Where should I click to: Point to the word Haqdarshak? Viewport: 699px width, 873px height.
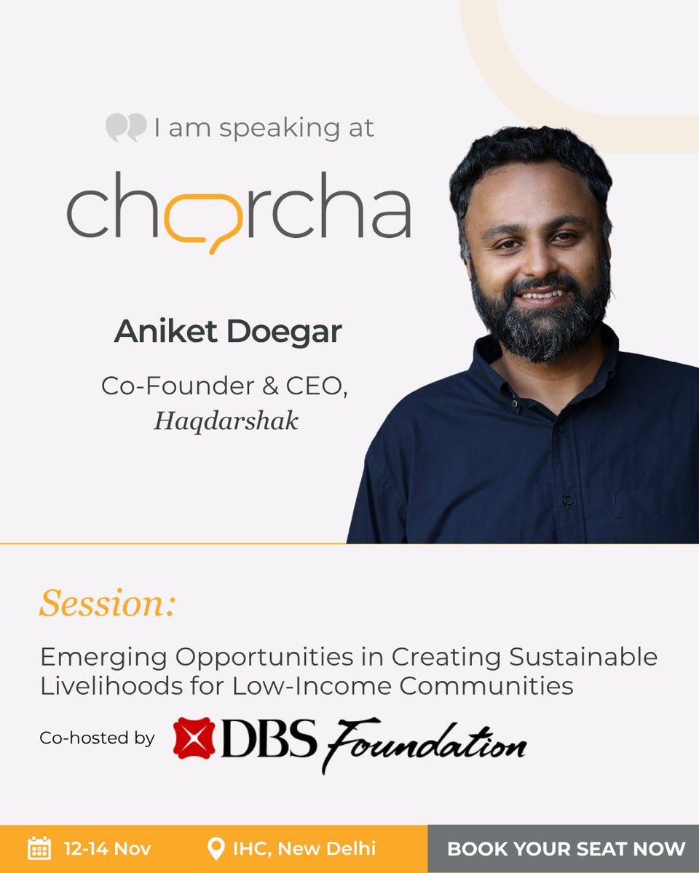[x=226, y=421]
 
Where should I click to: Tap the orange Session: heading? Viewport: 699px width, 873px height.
[x=108, y=602]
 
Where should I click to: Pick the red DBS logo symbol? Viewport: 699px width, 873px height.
[x=194, y=738]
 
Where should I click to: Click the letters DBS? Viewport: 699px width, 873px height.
[x=268, y=738]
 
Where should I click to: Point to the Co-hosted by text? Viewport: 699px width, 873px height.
[x=97, y=738]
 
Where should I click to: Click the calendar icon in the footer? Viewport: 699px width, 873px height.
[x=39, y=848]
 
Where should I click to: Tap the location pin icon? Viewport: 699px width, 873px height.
[x=216, y=848]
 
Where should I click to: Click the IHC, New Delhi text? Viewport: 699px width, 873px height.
[x=304, y=848]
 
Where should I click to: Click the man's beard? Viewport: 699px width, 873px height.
[x=539, y=320]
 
